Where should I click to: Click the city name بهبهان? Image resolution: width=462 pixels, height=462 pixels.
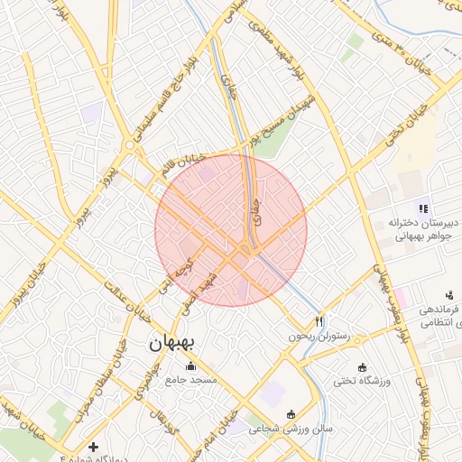pyautogui.click(x=174, y=343)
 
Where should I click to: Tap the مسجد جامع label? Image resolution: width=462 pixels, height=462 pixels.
pyautogui.click(x=190, y=380)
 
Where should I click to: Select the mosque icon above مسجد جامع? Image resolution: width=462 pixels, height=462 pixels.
pyautogui.click(x=190, y=365)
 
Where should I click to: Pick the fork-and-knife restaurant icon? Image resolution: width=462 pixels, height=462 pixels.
pyautogui.click(x=319, y=321)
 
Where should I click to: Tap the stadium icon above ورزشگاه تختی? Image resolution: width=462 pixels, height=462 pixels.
pyautogui.click(x=362, y=367)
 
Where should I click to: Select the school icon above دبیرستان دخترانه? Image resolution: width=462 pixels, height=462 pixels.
pyautogui.click(x=422, y=209)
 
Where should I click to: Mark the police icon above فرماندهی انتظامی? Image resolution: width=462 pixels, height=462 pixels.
pyautogui.click(x=449, y=294)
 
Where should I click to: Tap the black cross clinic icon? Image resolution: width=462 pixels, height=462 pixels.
pyautogui.click(x=93, y=447)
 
